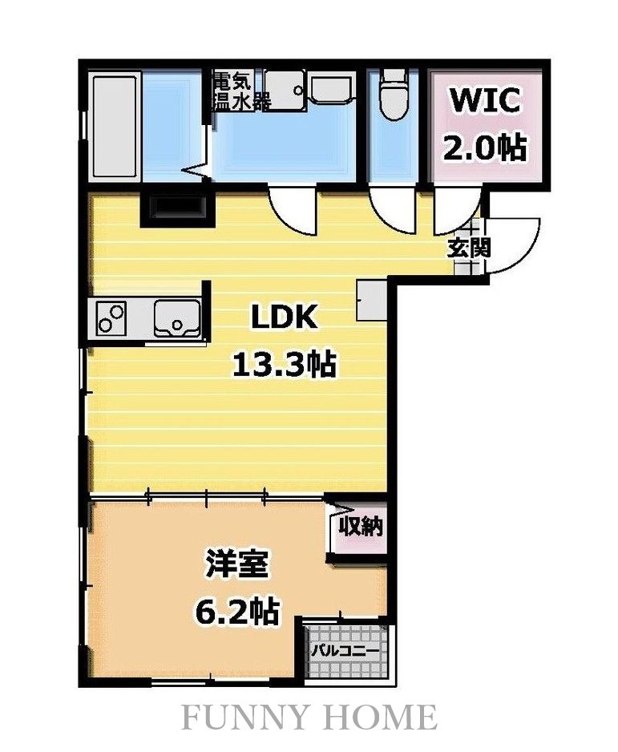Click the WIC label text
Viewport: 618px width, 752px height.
[x=484, y=101]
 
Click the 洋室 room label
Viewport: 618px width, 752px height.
[x=236, y=565]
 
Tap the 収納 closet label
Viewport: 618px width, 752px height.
[x=361, y=527]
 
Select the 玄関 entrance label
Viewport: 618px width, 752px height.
[x=470, y=248]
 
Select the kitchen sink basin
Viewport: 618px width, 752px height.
[x=177, y=318]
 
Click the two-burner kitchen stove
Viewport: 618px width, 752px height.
[x=111, y=318]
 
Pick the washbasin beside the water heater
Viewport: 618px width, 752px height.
[x=333, y=87]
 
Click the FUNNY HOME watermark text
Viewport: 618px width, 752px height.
[x=309, y=717]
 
